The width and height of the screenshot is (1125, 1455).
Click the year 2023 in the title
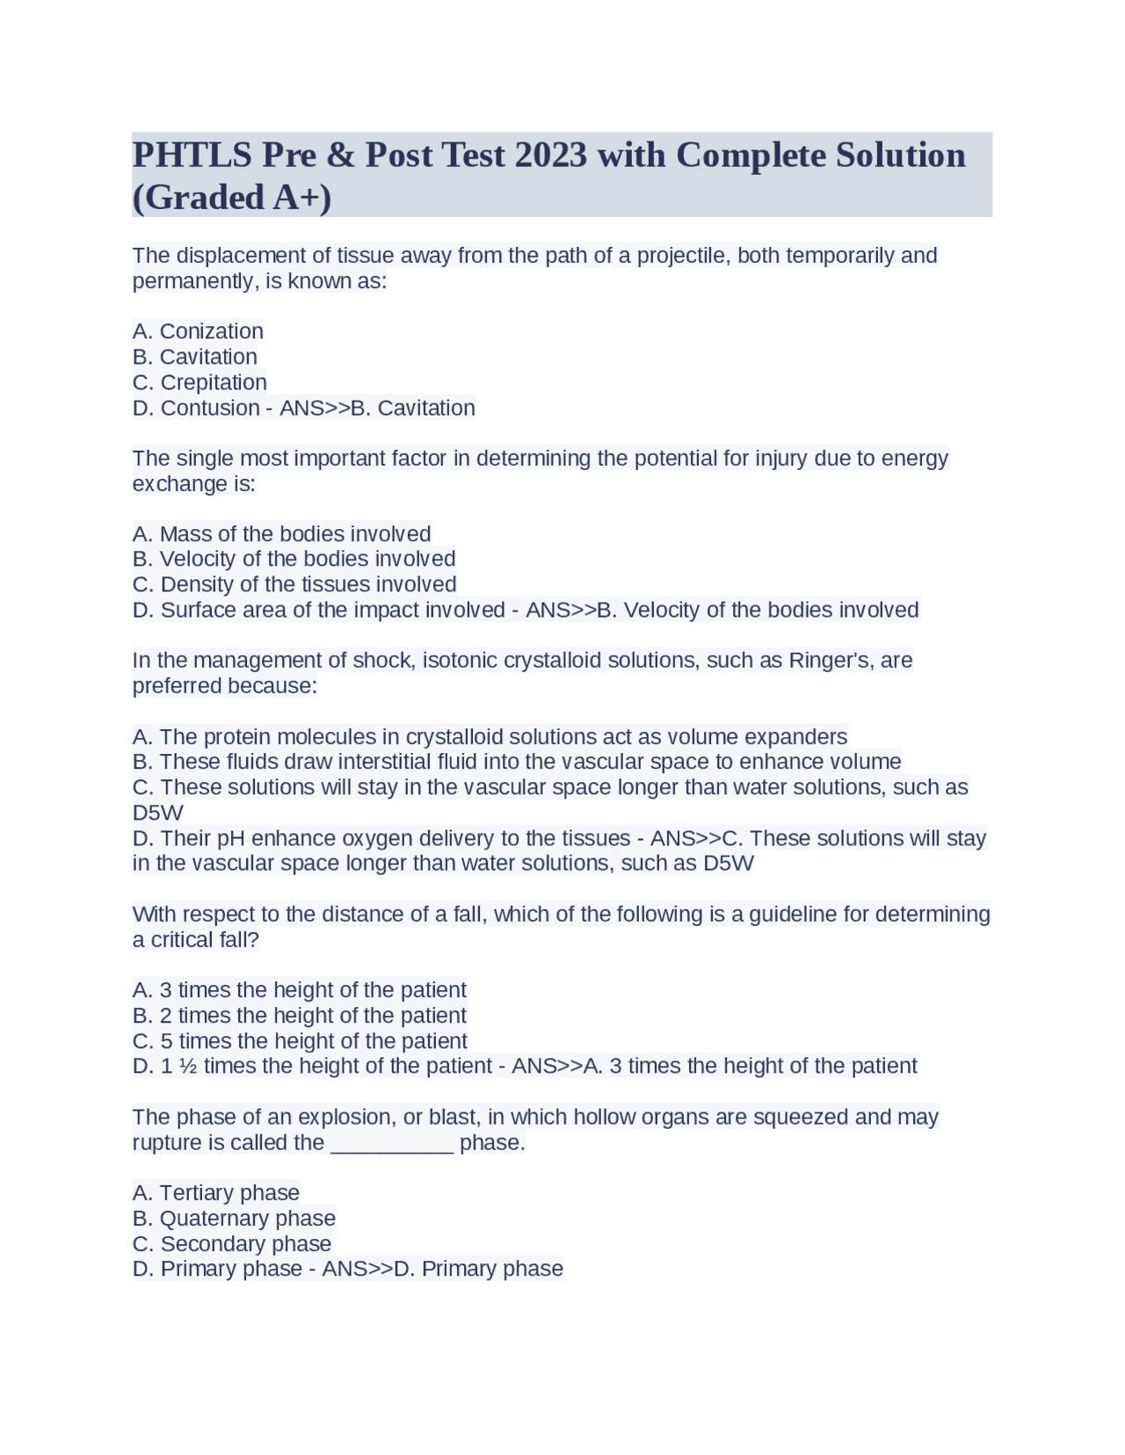click(x=550, y=156)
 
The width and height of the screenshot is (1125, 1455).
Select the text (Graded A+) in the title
click(x=232, y=198)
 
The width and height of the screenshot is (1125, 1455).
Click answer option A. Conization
click(x=198, y=331)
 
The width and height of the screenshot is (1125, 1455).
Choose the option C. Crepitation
click(x=200, y=382)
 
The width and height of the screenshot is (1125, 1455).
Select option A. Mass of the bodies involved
click(x=281, y=534)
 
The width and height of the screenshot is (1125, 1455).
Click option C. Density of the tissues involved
click(x=294, y=584)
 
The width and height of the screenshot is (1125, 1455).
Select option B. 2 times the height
click(x=299, y=1016)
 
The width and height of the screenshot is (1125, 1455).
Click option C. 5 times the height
click(x=300, y=1041)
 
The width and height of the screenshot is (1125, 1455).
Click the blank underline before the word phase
click(x=392, y=1143)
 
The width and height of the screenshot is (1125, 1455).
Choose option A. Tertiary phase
click(x=216, y=1193)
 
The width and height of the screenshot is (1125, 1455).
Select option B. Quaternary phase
click(x=234, y=1219)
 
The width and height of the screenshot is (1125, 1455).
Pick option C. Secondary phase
click(x=232, y=1244)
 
